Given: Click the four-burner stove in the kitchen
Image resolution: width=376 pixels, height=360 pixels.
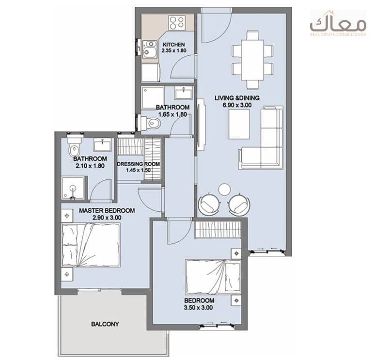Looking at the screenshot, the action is [177, 23].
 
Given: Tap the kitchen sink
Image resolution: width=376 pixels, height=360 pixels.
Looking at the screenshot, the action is [150, 49].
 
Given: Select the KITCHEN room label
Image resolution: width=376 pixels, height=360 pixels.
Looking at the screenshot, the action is [174, 45].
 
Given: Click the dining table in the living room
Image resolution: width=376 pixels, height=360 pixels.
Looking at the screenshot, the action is [252, 60].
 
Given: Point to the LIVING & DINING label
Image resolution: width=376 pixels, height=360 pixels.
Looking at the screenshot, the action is [237, 98].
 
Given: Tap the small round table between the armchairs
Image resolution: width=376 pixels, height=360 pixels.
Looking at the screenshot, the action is [224, 189].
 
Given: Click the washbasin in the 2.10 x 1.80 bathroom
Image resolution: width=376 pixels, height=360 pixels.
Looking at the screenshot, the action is [102, 145].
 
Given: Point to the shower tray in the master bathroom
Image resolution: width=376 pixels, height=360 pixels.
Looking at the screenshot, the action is [73, 188].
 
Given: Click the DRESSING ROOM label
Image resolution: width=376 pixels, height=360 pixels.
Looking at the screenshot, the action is [139, 164].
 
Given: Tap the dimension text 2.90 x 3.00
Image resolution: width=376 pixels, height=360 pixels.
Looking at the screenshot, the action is [107, 218].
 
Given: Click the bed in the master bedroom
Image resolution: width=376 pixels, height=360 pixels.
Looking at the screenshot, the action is [91, 245].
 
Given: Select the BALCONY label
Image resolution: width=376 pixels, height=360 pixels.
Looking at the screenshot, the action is [105, 324].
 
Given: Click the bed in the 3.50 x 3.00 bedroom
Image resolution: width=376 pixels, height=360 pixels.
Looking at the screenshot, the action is [213, 277].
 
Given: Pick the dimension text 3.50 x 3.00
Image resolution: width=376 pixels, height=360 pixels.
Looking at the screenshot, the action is [198, 308].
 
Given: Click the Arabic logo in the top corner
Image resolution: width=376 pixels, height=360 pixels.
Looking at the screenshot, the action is [338, 24].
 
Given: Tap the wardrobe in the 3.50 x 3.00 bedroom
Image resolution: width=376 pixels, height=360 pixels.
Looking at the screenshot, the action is [218, 230].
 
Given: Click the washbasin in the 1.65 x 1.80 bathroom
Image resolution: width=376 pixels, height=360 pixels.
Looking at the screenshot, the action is [184, 93].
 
